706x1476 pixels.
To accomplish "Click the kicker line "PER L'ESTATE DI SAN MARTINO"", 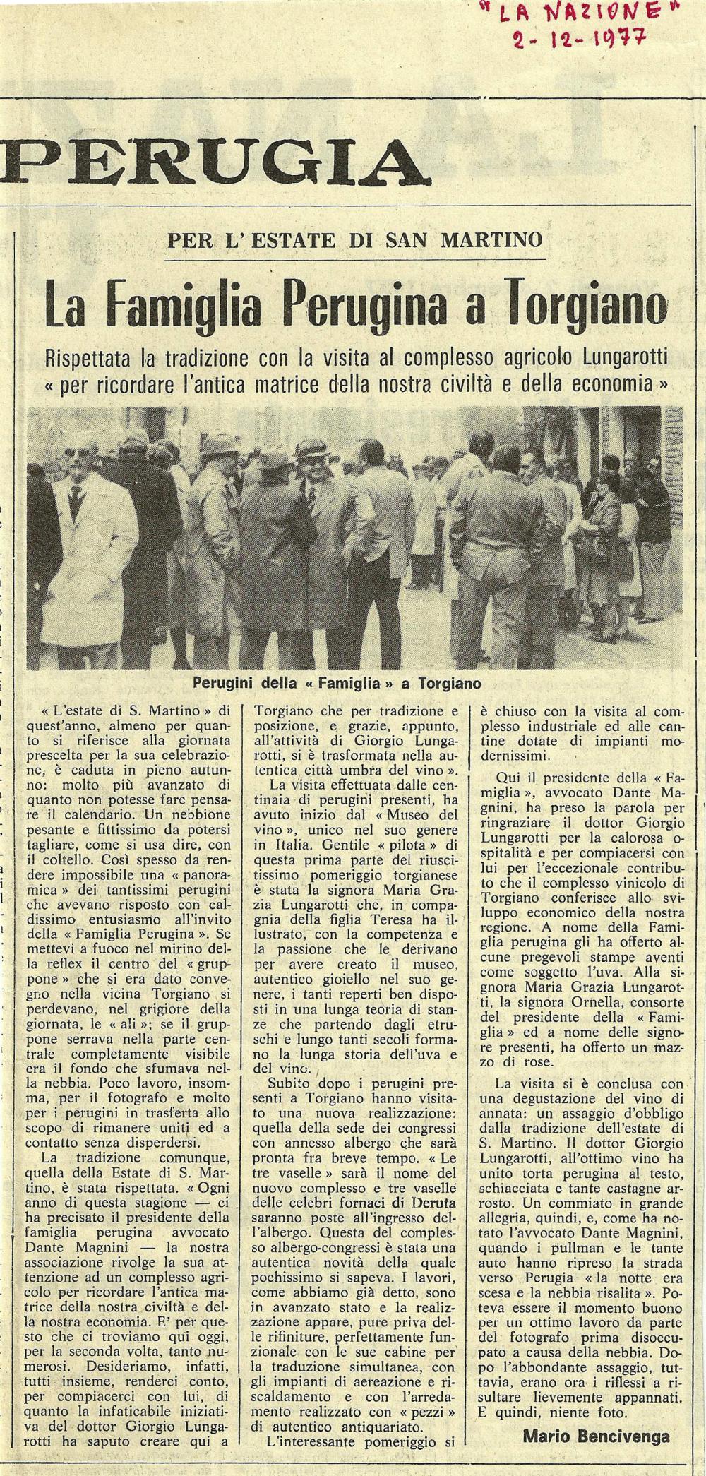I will (x=355, y=239).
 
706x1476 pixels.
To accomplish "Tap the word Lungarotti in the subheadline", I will (x=621, y=356).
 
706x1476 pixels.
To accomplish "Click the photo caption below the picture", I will (x=337, y=684).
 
